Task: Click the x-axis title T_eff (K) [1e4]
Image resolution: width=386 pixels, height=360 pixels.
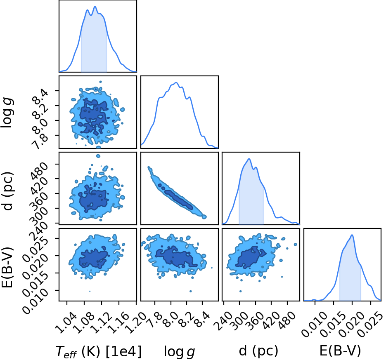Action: click(99, 351)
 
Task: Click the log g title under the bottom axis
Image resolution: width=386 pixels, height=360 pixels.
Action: click(180, 352)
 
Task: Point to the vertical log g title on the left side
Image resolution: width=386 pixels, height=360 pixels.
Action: click(7, 113)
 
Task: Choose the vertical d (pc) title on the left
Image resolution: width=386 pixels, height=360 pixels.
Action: click(8, 191)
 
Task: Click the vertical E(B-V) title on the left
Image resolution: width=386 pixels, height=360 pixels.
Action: click(7, 267)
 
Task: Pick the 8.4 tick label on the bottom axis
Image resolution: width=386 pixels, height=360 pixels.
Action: click(202, 320)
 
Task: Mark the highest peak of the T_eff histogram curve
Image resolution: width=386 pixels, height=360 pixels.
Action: click(95, 7)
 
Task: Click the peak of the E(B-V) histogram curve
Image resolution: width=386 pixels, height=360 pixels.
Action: click(352, 235)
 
